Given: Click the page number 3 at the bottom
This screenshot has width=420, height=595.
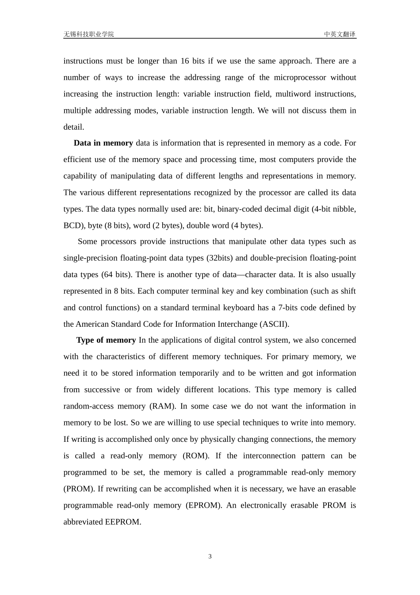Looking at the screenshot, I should coord(210,556).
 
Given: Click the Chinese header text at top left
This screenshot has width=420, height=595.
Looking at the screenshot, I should coord(88,34).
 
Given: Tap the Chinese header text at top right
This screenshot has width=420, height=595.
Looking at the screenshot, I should coord(340,34).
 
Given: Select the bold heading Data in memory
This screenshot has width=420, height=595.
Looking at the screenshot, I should coord(103,143).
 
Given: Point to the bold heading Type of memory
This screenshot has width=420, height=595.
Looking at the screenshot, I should coord(106,340).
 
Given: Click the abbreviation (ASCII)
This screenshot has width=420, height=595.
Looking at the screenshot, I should coord(274,324).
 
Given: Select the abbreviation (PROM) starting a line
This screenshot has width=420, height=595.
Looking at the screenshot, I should coord(78,489).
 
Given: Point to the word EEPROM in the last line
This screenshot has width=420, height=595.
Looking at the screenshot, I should coord(122,522).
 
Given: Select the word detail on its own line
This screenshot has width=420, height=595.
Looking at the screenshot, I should coord(73,127).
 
